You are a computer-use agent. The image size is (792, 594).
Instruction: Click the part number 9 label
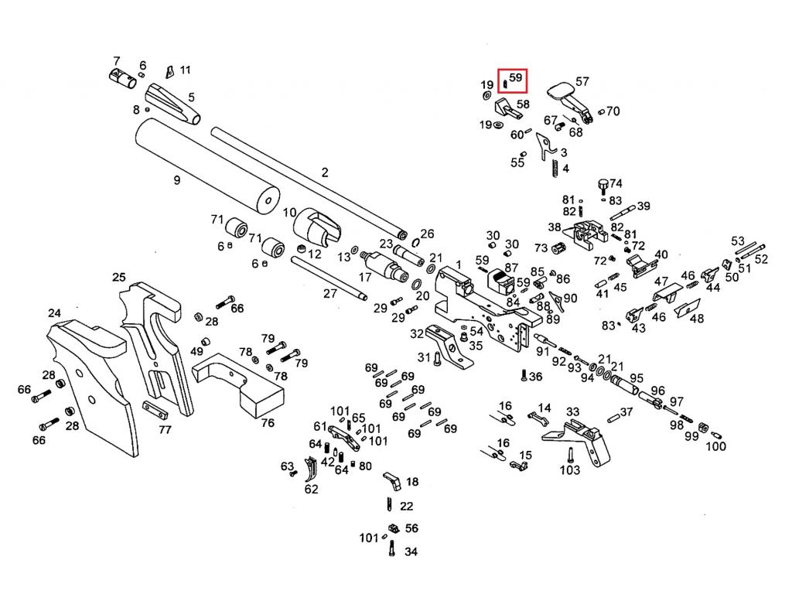click(177, 180)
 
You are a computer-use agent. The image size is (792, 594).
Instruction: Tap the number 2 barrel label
click(325, 172)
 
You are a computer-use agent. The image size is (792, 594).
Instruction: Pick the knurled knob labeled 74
click(603, 186)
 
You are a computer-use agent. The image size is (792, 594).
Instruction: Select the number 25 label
click(118, 277)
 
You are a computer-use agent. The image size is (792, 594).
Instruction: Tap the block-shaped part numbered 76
click(244, 385)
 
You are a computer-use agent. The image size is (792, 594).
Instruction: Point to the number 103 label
click(569, 470)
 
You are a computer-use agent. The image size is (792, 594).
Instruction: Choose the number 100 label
click(716, 446)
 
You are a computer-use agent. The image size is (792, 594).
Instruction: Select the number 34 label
click(411, 552)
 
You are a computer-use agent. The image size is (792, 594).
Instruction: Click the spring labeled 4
click(554, 168)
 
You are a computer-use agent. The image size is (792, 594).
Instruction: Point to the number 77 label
click(165, 430)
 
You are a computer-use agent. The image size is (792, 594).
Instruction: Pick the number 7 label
click(117, 60)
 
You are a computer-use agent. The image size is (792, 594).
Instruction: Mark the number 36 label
click(535, 377)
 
